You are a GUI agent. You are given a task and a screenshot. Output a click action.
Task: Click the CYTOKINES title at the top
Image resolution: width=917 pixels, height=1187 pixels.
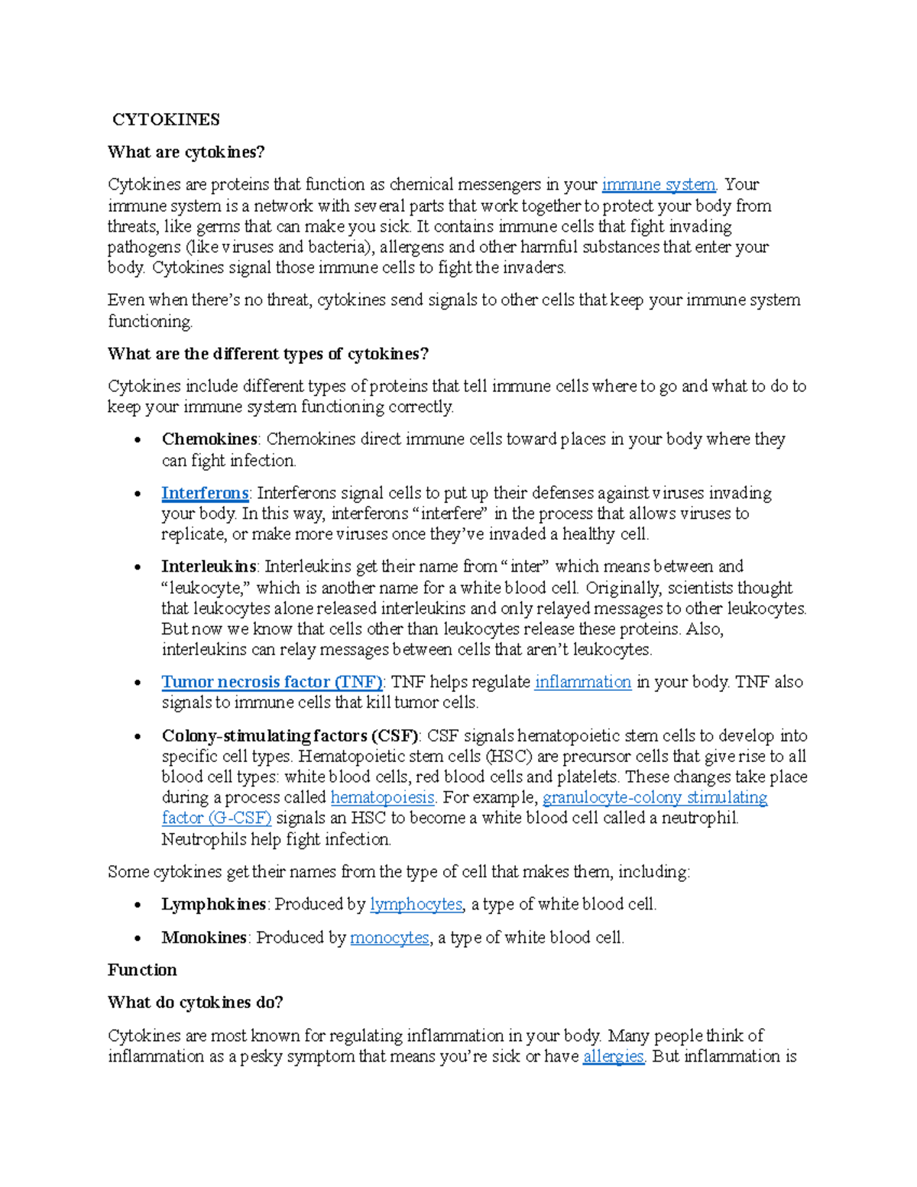[x=166, y=119]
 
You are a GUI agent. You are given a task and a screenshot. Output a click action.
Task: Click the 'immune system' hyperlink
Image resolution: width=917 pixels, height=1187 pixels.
[x=659, y=184]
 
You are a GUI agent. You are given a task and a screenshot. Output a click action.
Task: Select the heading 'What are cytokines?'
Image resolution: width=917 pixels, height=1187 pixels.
[x=186, y=152]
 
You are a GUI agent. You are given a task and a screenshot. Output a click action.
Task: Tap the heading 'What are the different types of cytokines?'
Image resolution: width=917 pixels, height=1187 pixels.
[x=268, y=354]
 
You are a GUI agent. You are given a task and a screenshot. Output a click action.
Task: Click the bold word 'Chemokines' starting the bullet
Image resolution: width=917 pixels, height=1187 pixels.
[x=209, y=439]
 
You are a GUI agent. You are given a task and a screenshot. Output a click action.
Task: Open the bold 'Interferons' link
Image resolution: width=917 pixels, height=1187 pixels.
[x=205, y=493]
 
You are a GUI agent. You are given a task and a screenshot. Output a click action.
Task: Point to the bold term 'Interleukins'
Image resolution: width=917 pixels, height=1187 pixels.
[x=209, y=567]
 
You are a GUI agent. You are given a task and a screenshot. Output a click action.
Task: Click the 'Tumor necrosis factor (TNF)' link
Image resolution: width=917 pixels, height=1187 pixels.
[x=271, y=682]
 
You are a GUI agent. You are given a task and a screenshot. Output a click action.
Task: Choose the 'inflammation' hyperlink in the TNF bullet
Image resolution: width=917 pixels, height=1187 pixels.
[x=582, y=682]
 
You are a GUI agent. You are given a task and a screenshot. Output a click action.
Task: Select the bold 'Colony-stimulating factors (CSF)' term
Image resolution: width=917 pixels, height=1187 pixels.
[x=290, y=736]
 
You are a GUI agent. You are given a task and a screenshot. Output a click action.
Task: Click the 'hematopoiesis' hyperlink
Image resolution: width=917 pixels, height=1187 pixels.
[x=382, y=798]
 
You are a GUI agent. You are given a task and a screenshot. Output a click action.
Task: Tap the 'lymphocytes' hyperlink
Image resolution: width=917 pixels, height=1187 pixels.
[x=416, y=905]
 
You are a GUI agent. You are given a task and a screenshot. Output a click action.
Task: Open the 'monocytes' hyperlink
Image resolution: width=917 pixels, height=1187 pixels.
[x=389, y=938]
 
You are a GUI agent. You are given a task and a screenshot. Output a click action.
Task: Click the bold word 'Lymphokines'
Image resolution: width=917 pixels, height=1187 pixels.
[x=213, y=905]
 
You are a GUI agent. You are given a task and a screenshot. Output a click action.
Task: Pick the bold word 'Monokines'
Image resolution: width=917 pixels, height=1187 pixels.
[x=204, y=938]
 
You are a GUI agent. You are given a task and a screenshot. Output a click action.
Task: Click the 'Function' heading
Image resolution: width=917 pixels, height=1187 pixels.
[x=142, y=971]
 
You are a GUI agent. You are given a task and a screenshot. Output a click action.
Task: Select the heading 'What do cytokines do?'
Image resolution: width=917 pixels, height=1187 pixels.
[x=195, y=1003]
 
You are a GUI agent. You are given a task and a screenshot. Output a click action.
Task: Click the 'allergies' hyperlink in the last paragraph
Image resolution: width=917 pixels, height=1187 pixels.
[x=613, y=1057]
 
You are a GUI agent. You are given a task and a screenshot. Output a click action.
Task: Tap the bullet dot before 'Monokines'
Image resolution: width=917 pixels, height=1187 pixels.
[x=138, y=939]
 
